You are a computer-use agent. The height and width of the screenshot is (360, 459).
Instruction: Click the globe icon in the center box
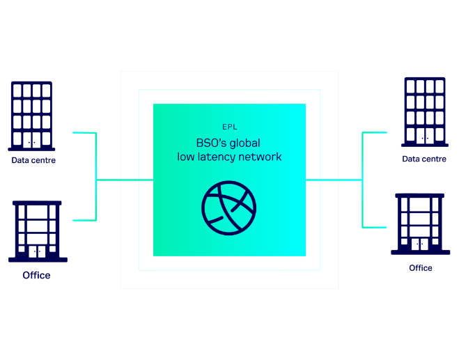pos(228,208)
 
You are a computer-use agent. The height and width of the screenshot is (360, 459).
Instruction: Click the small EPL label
pos(229,127)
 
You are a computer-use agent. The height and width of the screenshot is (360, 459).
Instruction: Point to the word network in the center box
pos(259,157)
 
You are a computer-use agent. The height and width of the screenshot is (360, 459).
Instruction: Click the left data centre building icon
pos(31,115)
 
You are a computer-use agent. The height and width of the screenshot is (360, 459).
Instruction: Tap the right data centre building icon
pos(424,111)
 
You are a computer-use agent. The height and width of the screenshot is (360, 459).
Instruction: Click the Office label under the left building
pos(36,276)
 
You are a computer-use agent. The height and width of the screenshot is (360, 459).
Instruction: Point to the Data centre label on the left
pos(33,161)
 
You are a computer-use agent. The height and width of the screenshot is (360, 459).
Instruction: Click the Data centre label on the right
pos(424,159)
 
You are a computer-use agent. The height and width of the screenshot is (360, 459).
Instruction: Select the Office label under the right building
pos(420,268)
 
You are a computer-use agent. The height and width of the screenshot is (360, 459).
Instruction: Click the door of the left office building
pos(37,251)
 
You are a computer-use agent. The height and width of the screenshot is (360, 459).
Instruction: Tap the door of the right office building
pos(419,244)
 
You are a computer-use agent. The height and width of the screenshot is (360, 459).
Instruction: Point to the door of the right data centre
pos(424,137)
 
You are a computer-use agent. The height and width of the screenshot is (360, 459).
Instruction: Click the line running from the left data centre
pos(84,132)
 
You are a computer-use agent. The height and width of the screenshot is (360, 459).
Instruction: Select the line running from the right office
pos(374,227)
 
